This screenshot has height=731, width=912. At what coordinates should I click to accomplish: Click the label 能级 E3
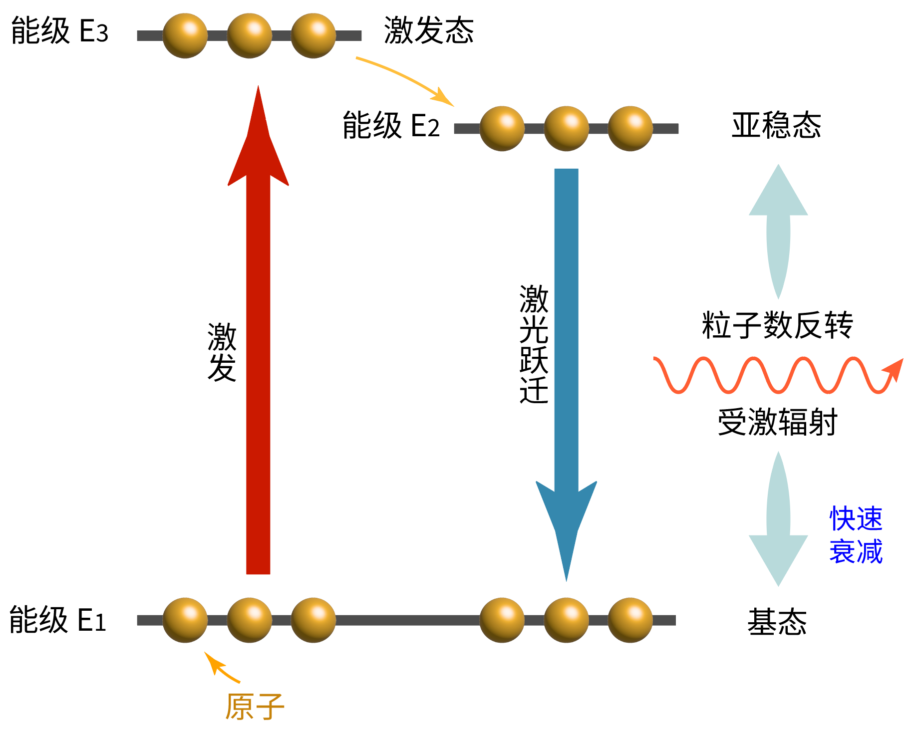pyautogui.click(x=59, y=31)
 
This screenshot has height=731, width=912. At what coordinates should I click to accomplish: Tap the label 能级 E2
pyautogui.click(x=391, y=125)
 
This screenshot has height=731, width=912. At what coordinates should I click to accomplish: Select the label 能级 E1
pyautogui.click(x=58, y=620)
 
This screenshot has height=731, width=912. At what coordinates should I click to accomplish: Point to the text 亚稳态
pyautogui.click(x=776, y=125)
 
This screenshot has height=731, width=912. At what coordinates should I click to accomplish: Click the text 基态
pyautogui.click(x=777, y=622)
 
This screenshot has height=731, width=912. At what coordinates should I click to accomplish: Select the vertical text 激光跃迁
pyautogui.click(x=534, y=344)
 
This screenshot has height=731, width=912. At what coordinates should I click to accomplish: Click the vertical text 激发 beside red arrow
pyautogui.click(x=222, y=352)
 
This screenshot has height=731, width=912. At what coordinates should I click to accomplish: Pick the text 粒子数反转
pyautogui.click(x=777, y=325)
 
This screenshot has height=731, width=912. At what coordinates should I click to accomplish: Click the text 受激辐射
pyautogui.click(x=777, y=422)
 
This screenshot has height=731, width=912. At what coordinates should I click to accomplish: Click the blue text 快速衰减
pyautogui.click(x=856, y=535)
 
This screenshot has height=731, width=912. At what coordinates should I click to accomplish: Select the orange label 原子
pyautogui.click(x=255, y=707)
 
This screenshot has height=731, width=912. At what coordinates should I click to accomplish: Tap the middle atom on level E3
pyautogui.click(x=249, y=35)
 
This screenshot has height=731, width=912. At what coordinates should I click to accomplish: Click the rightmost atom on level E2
pyautogui.click(x=630, y=128)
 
